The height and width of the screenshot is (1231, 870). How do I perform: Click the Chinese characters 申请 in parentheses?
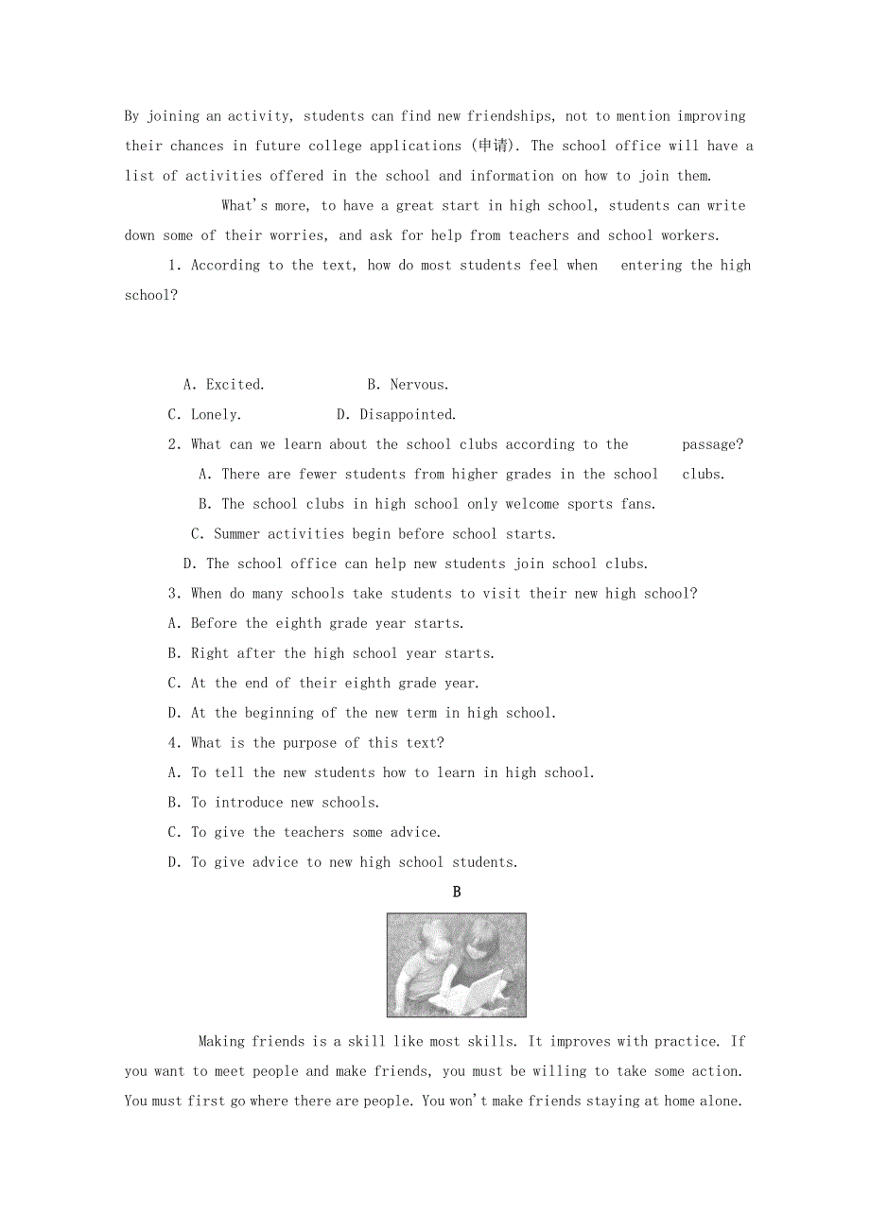coord(492,146)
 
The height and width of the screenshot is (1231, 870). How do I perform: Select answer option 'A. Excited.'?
coord(224,385)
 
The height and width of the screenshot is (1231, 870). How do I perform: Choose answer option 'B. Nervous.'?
coord(408,385)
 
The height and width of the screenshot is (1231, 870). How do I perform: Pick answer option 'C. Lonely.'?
coord(204,415)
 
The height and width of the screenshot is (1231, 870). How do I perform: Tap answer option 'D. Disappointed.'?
coord(396,415)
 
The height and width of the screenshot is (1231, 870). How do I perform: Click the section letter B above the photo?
coord(457,892)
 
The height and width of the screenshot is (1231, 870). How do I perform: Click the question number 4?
coord(172,743)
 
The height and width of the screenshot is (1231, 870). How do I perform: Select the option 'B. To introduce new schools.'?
coord(273,803)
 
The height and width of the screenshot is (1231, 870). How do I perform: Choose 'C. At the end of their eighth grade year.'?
coord(323,684)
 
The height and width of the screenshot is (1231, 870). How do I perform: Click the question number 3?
coord(172,594)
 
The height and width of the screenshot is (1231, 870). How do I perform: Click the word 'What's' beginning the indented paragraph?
coord(245,206)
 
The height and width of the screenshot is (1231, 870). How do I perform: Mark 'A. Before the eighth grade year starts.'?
coord(316,624)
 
